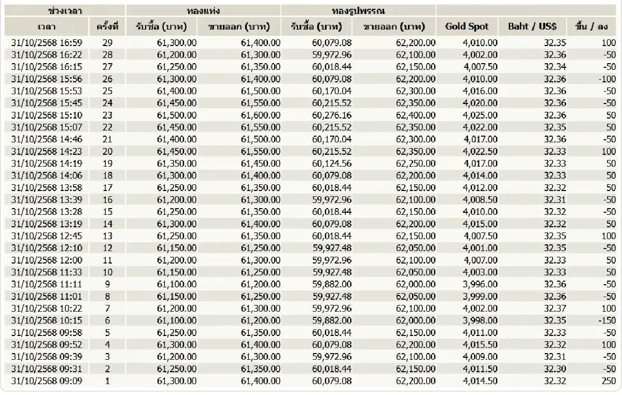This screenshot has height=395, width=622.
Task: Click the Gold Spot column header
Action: coord(466,27)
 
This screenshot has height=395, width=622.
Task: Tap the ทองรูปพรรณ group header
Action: coord(358,10)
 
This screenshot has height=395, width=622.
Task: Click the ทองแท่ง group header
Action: coord(203,10)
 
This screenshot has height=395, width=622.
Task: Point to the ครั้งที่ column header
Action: coord(107,27)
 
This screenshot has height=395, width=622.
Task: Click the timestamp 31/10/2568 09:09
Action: coord(47,381)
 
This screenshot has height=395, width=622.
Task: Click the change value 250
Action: coord(609,381)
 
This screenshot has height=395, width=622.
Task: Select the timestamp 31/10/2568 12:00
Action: coord(47,260)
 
